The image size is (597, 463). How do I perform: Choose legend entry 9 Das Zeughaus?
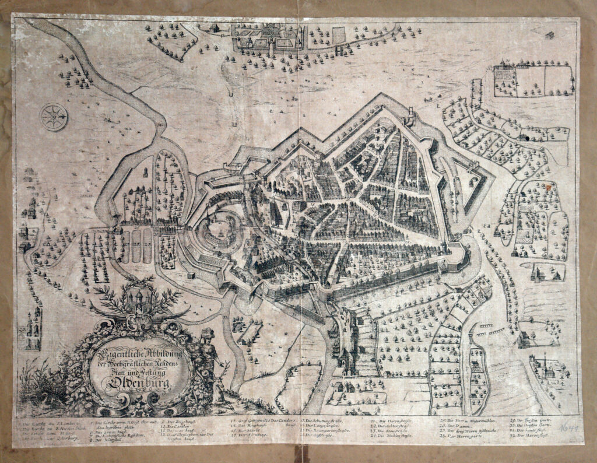(174, 420)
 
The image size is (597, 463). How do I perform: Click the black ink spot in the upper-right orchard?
(526, 139)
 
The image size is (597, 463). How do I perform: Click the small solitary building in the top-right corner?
(550, 36)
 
